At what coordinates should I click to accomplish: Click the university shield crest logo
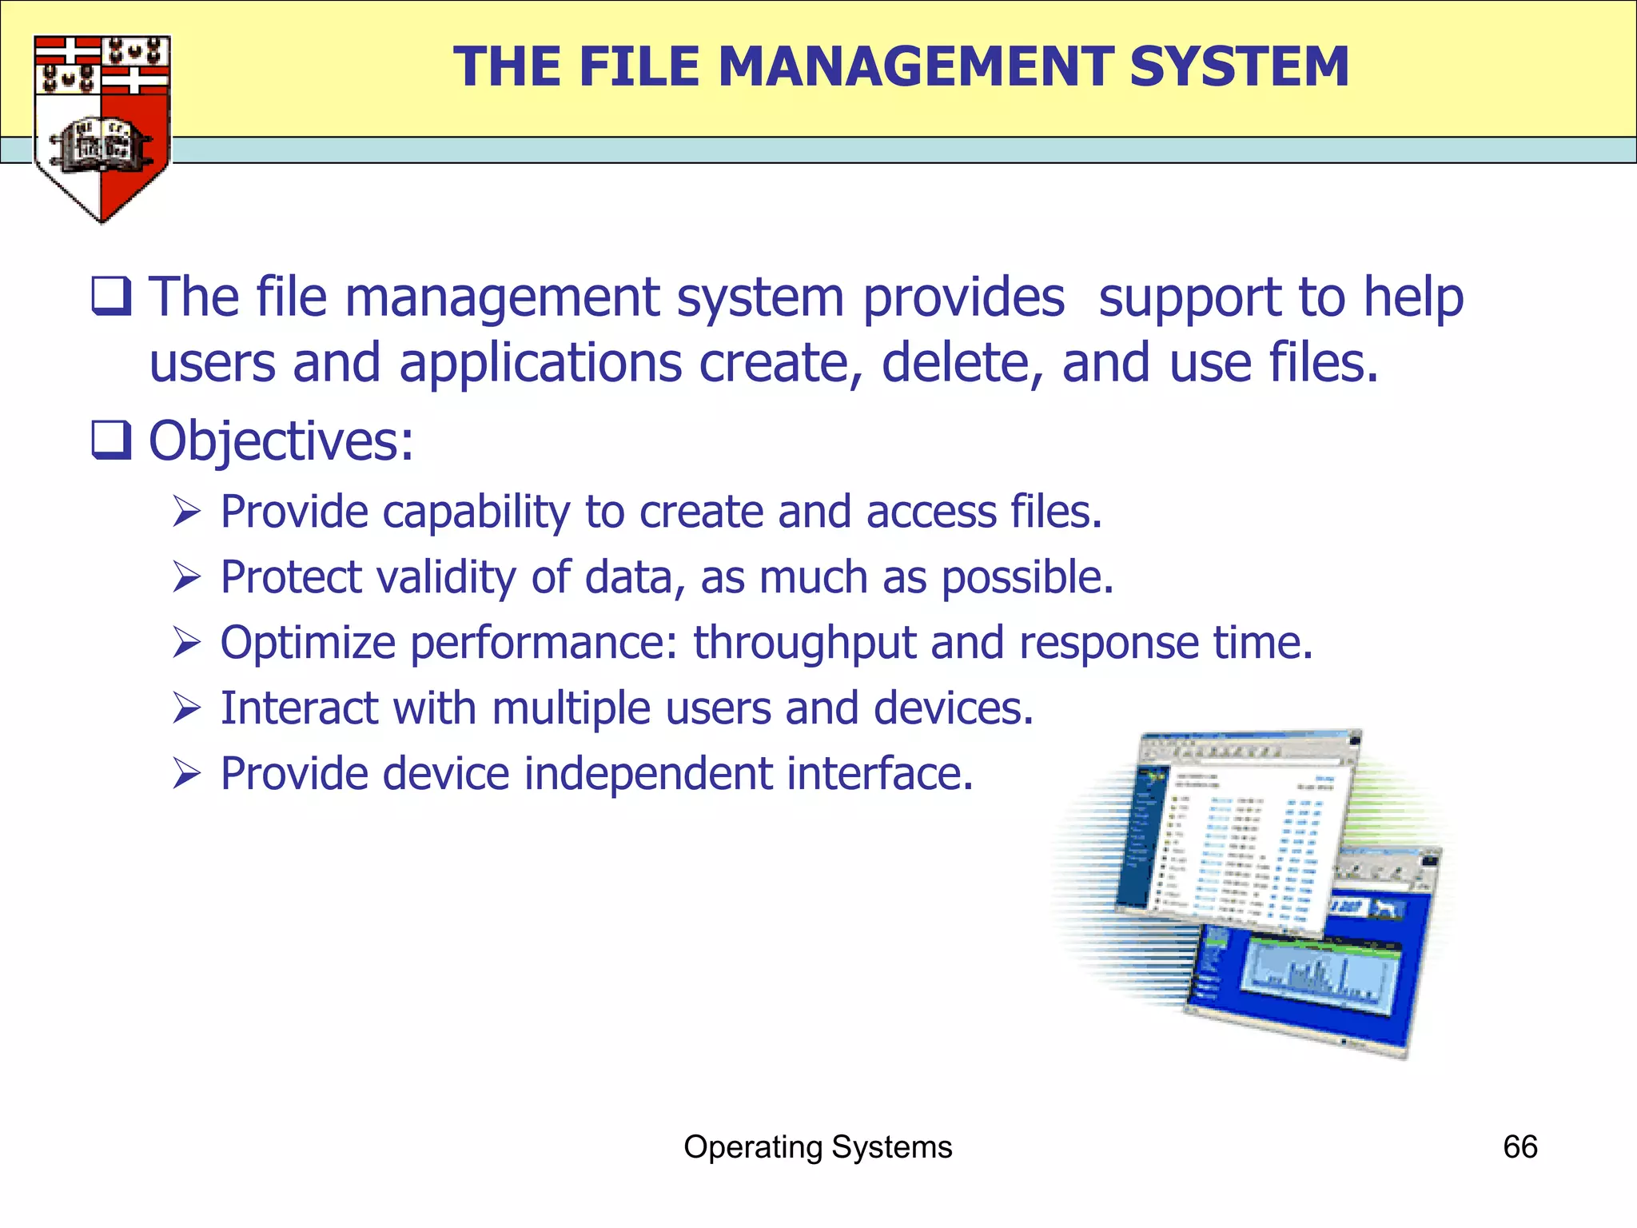pos(102,128)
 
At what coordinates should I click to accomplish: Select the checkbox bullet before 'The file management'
pos(111,297)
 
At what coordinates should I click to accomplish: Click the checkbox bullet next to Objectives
pos(111,441)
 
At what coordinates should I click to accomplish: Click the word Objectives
pos(281,441)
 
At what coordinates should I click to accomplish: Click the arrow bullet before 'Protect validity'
pos(186,577)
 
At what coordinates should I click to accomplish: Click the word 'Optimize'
pos(308,643)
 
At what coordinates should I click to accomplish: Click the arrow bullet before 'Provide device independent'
pos(186,774)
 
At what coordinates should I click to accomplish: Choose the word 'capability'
pos(476,512)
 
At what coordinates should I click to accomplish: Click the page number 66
pos(1520,1147)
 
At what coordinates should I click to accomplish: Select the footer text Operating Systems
pos(818,1147)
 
